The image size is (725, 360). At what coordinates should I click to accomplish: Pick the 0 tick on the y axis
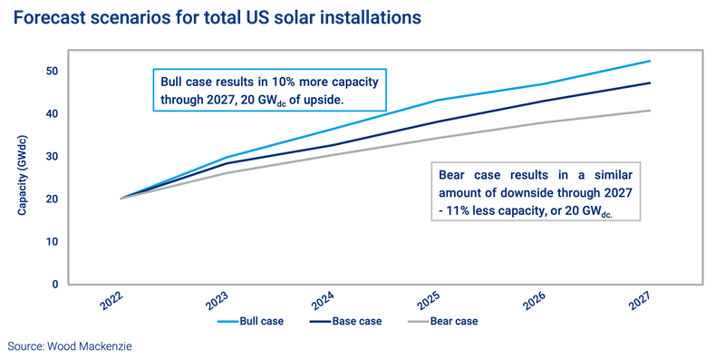point(54,285)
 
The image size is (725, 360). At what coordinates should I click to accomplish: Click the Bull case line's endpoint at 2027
point(651,61)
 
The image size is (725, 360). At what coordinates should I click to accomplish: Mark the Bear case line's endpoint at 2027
point(651,111)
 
